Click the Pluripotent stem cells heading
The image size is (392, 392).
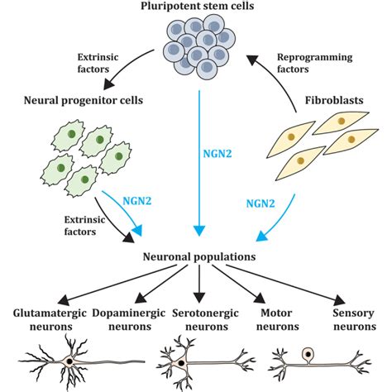coord(197,8)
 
